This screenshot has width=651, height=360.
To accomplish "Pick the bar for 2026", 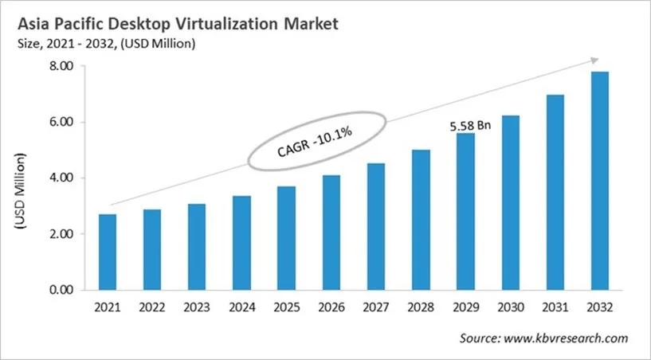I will click(331, 232).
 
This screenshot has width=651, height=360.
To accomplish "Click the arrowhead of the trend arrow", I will click(594, 60).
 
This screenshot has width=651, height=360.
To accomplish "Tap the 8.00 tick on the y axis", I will click(61, 67).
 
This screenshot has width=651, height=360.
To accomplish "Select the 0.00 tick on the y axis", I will click(61, 290).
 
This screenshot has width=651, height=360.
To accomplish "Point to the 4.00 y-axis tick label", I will click(61, 178).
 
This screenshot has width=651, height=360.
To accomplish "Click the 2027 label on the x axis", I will click(376, 307).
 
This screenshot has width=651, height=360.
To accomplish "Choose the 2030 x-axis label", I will click(510, 307).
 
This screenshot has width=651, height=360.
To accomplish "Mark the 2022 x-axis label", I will click(151, 307).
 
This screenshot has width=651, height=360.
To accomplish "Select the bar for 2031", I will click(555, 192).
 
